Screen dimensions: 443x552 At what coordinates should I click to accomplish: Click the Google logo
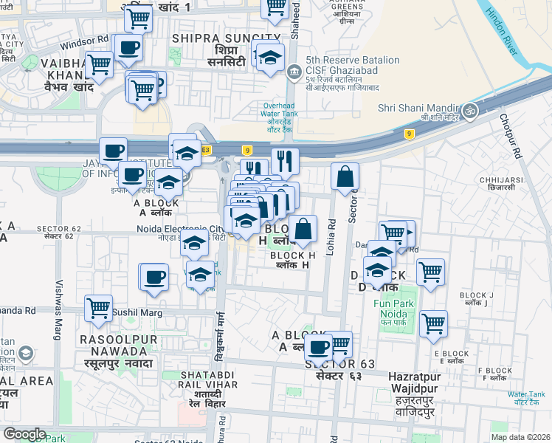point(24,434)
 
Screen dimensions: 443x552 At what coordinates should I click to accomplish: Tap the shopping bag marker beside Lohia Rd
point(345,176)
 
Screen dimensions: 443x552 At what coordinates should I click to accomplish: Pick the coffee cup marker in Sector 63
point(319,346)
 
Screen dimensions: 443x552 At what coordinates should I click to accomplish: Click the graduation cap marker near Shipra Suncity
point(271,58)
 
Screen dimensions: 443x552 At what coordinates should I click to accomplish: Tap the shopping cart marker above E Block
point(433,322)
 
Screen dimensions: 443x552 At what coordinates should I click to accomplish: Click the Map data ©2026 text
point(520,437)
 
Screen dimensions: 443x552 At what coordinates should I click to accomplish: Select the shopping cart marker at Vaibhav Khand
point(98,65)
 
